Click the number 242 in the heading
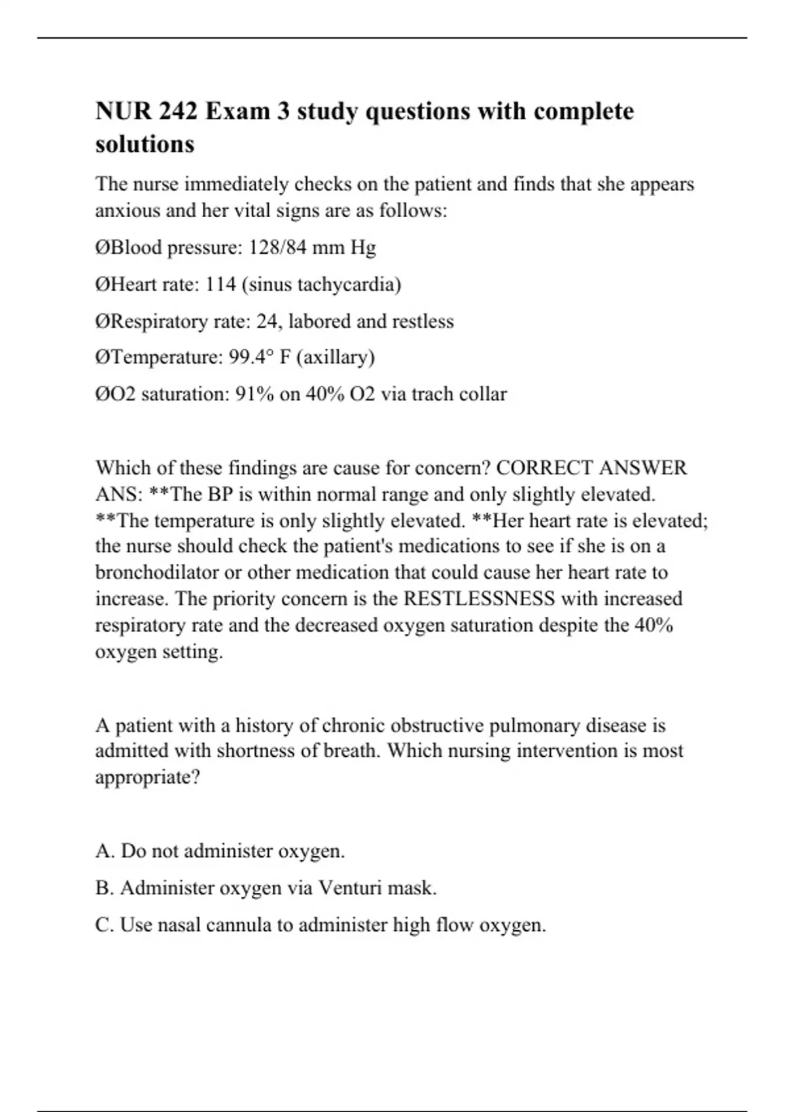click(177, 111)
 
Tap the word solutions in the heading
click(145, 144)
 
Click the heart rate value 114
click(221, 285)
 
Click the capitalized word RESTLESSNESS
click(480, 599)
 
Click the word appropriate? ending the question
click(147, 778)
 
